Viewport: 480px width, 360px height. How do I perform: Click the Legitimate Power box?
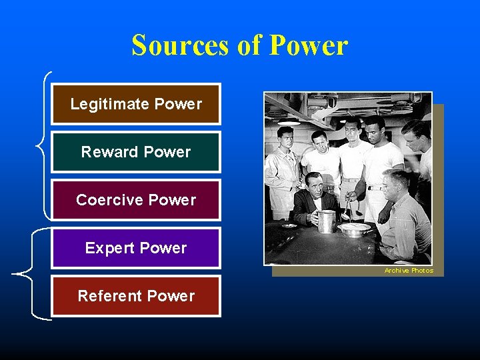(x=136, y=104)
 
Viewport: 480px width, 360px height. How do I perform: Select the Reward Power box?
(x=136, y=152)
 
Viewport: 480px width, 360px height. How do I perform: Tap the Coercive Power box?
(x=136, y=200)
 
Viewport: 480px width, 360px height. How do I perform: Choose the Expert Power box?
(x=136, y=248)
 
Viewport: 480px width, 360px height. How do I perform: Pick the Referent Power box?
(x=136, y=296)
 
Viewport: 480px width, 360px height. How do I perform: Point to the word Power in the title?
(x=308, y=45)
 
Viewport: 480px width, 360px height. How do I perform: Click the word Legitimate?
(x=109, y=104)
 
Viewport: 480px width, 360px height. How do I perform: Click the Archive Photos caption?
(x=409, y=271)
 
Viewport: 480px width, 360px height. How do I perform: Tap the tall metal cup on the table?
(x=326, y=221)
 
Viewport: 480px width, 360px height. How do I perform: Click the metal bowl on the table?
(x=354, y=229)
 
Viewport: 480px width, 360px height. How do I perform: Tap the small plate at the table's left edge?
(x=289, y=226)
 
